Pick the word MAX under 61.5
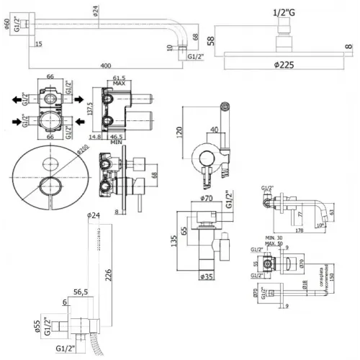(x=119, y=83)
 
